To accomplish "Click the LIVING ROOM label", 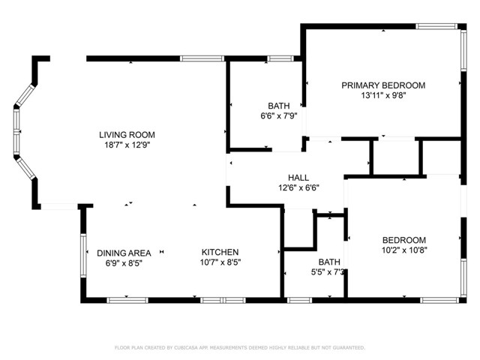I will click(131, 135).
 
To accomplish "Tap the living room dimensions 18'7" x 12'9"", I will click(131, 145).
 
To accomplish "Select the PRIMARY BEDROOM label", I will click(383, 85).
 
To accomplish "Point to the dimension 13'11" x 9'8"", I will click(383, 96).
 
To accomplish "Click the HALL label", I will click(288, 177).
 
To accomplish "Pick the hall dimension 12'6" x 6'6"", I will click(288, 187).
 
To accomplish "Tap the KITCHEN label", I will click(220, 252).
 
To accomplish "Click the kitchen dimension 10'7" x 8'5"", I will click(220, 262).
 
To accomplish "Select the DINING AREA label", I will click(124, 252).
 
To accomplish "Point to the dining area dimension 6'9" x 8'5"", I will click(124, 262).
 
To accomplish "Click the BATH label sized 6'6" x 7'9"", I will click(278, 106).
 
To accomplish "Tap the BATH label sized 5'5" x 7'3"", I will click(328, 262).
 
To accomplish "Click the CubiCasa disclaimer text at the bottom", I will click(239, 348).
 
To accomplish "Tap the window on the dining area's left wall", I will click(82, 257).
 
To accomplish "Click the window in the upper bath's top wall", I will click(280, 58).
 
